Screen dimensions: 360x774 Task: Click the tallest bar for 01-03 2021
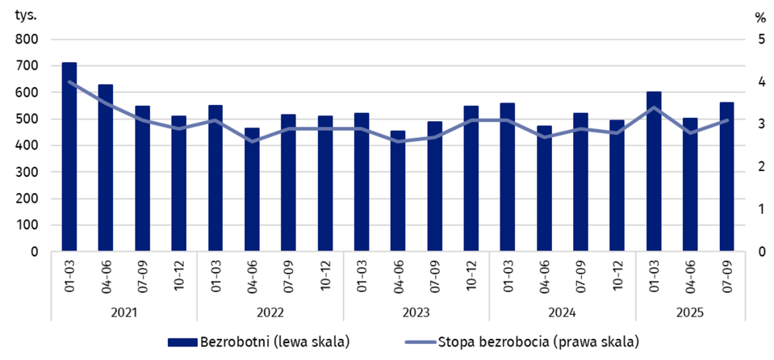point(69,157)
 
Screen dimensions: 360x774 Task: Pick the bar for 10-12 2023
point(471,178)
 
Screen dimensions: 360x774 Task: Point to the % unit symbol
point(759,16)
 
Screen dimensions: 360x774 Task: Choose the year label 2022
point(270,312)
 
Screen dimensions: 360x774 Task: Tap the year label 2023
point(416,312)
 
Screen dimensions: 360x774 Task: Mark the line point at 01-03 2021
point(69,82)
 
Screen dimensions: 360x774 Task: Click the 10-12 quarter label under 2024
point(618,274)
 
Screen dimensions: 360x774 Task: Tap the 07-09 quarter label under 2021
point(143,274)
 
